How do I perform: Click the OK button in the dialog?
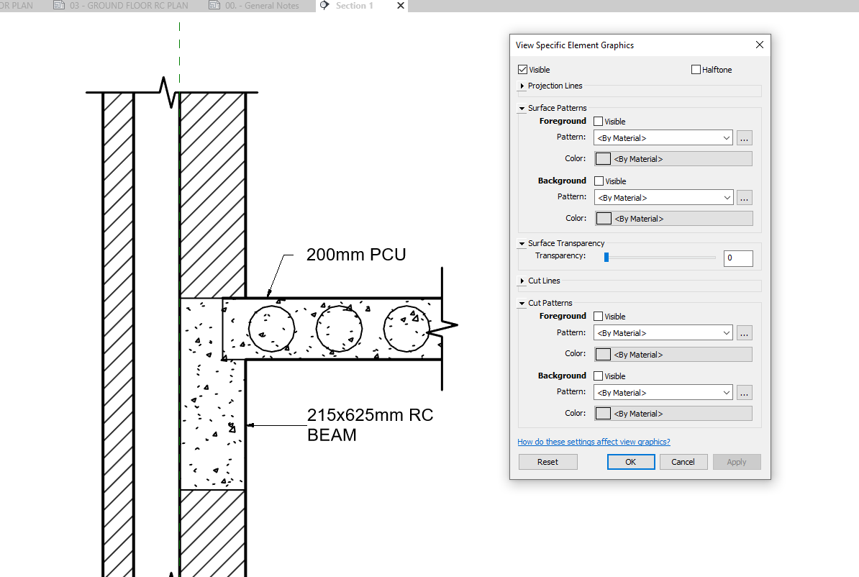coord(630,462)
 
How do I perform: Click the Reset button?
coord(547,462)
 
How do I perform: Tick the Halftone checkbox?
coord(696,70)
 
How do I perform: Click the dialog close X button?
coord(760,45)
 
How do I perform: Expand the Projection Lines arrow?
coord(522,86)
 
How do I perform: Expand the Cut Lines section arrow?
coord(522,281)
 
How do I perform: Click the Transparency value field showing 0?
coord(738,258)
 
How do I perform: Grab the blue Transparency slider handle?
coord(606,257)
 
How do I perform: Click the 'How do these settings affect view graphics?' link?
coord(594,442)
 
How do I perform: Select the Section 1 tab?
coord(354,6)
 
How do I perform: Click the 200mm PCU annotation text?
coord(356,255)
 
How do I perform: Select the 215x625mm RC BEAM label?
coord(370,424)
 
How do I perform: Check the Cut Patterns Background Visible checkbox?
coord(599,376)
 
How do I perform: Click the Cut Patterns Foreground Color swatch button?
coord(603,355)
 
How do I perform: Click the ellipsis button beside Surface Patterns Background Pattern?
coord(744,198)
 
